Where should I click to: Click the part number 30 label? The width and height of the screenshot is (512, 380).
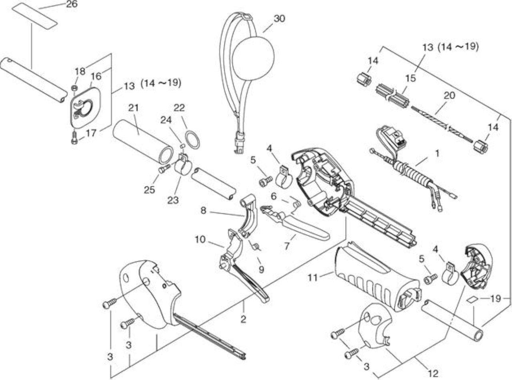pos(279,19)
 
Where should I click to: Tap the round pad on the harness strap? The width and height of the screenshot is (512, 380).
pos(253,59)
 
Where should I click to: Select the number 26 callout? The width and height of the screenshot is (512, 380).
pos(72,4)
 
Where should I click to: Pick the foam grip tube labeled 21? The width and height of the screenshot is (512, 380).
pos(143,142)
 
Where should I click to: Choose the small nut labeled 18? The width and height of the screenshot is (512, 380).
pos(74,88)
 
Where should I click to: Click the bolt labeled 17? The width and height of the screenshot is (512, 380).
pos(74,138)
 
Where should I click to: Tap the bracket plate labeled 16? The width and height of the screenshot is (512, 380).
pos(86,107)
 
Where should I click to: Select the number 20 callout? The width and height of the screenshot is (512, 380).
pos(449,95)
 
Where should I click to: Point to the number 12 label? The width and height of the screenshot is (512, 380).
pos(433,373)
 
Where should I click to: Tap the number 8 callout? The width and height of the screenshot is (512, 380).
pos(203,210)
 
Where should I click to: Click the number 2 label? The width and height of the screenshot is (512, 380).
pos(243,319)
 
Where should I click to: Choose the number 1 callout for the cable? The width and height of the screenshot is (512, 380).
pos(437,153)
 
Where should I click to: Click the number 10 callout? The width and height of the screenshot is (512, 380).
pos(200,240)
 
